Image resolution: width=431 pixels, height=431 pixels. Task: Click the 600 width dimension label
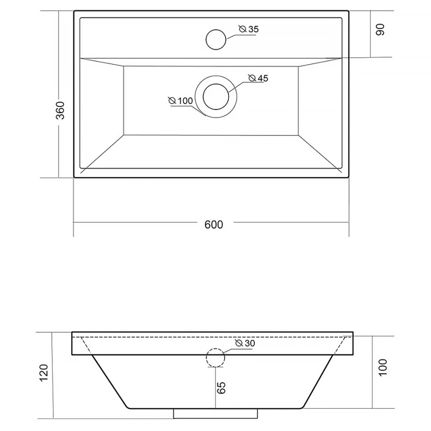point(214,224)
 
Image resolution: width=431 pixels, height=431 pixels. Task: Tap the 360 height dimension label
point(60,110)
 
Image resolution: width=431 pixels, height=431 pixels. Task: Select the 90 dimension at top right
point(380,30)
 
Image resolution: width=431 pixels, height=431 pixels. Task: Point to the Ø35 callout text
point(249,29)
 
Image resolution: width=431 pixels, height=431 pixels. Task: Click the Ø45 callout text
point(258,78)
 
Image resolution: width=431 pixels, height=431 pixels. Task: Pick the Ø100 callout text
point(181,101)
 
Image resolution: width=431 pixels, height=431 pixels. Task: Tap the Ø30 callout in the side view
point(245,343)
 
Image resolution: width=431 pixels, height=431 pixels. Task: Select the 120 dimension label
point(44,372)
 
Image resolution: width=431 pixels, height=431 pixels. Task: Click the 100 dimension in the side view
point(382,367)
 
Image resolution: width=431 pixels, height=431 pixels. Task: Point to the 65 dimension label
point(221,388)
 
